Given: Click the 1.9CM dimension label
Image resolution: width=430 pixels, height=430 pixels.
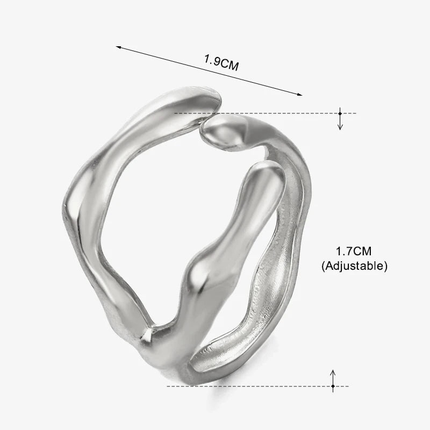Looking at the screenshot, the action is (221, 63).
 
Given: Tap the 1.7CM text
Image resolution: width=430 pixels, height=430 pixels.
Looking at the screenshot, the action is (354, 251).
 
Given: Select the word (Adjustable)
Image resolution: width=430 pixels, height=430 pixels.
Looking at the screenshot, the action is (354, 266).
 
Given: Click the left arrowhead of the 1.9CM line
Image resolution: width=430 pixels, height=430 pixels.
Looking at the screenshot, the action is (118, 47).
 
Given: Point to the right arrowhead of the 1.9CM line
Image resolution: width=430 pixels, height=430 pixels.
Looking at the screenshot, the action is (299, 95).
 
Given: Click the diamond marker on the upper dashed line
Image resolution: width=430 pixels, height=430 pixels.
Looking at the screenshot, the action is (340, 113).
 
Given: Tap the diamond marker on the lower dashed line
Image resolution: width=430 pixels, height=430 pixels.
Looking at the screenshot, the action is (333, 386).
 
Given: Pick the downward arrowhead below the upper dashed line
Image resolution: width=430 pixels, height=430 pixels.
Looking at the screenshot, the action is (340, 127).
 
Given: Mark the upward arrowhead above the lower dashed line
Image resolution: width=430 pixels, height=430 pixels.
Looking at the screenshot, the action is (333, 372).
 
